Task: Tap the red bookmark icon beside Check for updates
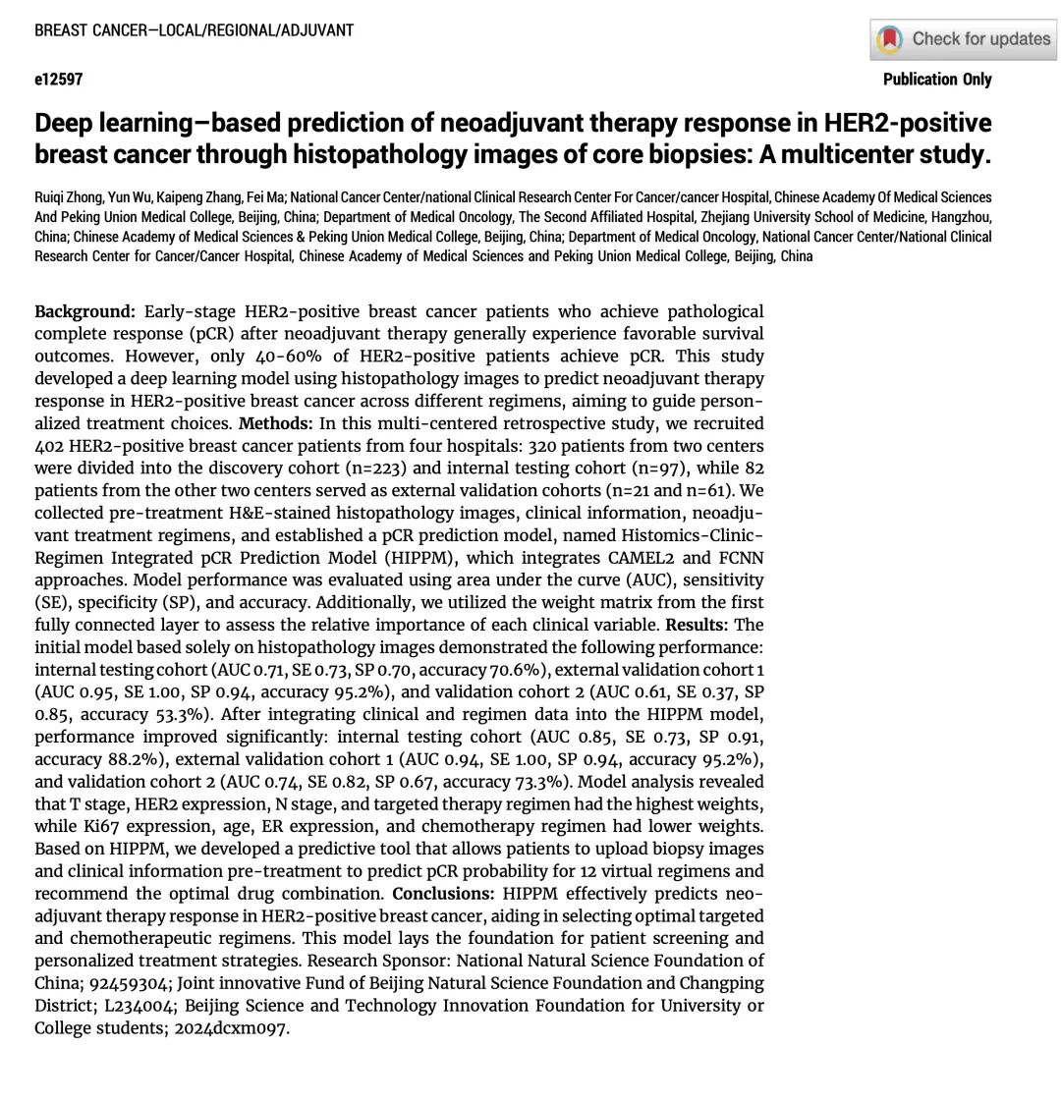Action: point(890,39)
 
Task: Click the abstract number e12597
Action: point(59,80)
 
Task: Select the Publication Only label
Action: point(937,80)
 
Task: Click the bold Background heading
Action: point(84,311)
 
